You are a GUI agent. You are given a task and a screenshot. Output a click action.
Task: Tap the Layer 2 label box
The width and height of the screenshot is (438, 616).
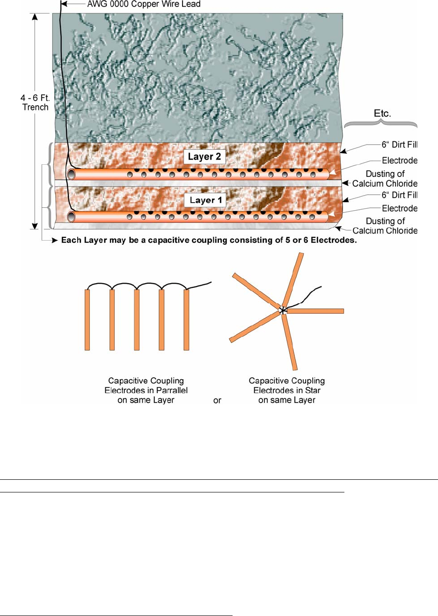tap(204, 157)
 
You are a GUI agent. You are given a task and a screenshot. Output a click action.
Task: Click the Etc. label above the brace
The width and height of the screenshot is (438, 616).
tap(380, 113)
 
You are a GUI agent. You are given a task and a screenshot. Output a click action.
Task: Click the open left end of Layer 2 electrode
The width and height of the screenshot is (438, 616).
tap(72, 175)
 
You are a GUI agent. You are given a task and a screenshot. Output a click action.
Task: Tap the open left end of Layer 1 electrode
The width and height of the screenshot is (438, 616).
tap(72, 217)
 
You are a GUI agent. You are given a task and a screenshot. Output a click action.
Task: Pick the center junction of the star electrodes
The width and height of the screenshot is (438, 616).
tap(282, 309)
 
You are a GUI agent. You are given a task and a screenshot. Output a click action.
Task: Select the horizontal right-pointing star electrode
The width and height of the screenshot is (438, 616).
tap(316, 311)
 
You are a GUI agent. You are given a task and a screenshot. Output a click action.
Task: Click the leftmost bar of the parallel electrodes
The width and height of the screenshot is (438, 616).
tap(88, 320)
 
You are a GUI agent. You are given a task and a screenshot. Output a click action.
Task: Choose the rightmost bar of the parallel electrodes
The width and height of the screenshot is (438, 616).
tap(186, 320)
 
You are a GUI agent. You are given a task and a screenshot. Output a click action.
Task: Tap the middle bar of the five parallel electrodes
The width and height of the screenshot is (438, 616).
tap(137, 320)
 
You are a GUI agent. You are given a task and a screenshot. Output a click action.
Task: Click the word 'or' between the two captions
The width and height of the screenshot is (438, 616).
tap(217, 401)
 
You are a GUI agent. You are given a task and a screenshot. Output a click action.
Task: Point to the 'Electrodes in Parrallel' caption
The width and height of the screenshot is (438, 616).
tap(140, 390)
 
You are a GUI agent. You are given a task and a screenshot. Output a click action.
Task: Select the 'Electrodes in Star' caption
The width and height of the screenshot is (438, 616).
tap(287, 390)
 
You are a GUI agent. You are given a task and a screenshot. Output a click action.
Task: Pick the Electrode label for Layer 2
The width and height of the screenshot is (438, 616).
tap(399, 161)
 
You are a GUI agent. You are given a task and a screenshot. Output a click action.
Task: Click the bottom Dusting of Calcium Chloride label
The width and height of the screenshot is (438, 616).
tap(385, 226)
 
